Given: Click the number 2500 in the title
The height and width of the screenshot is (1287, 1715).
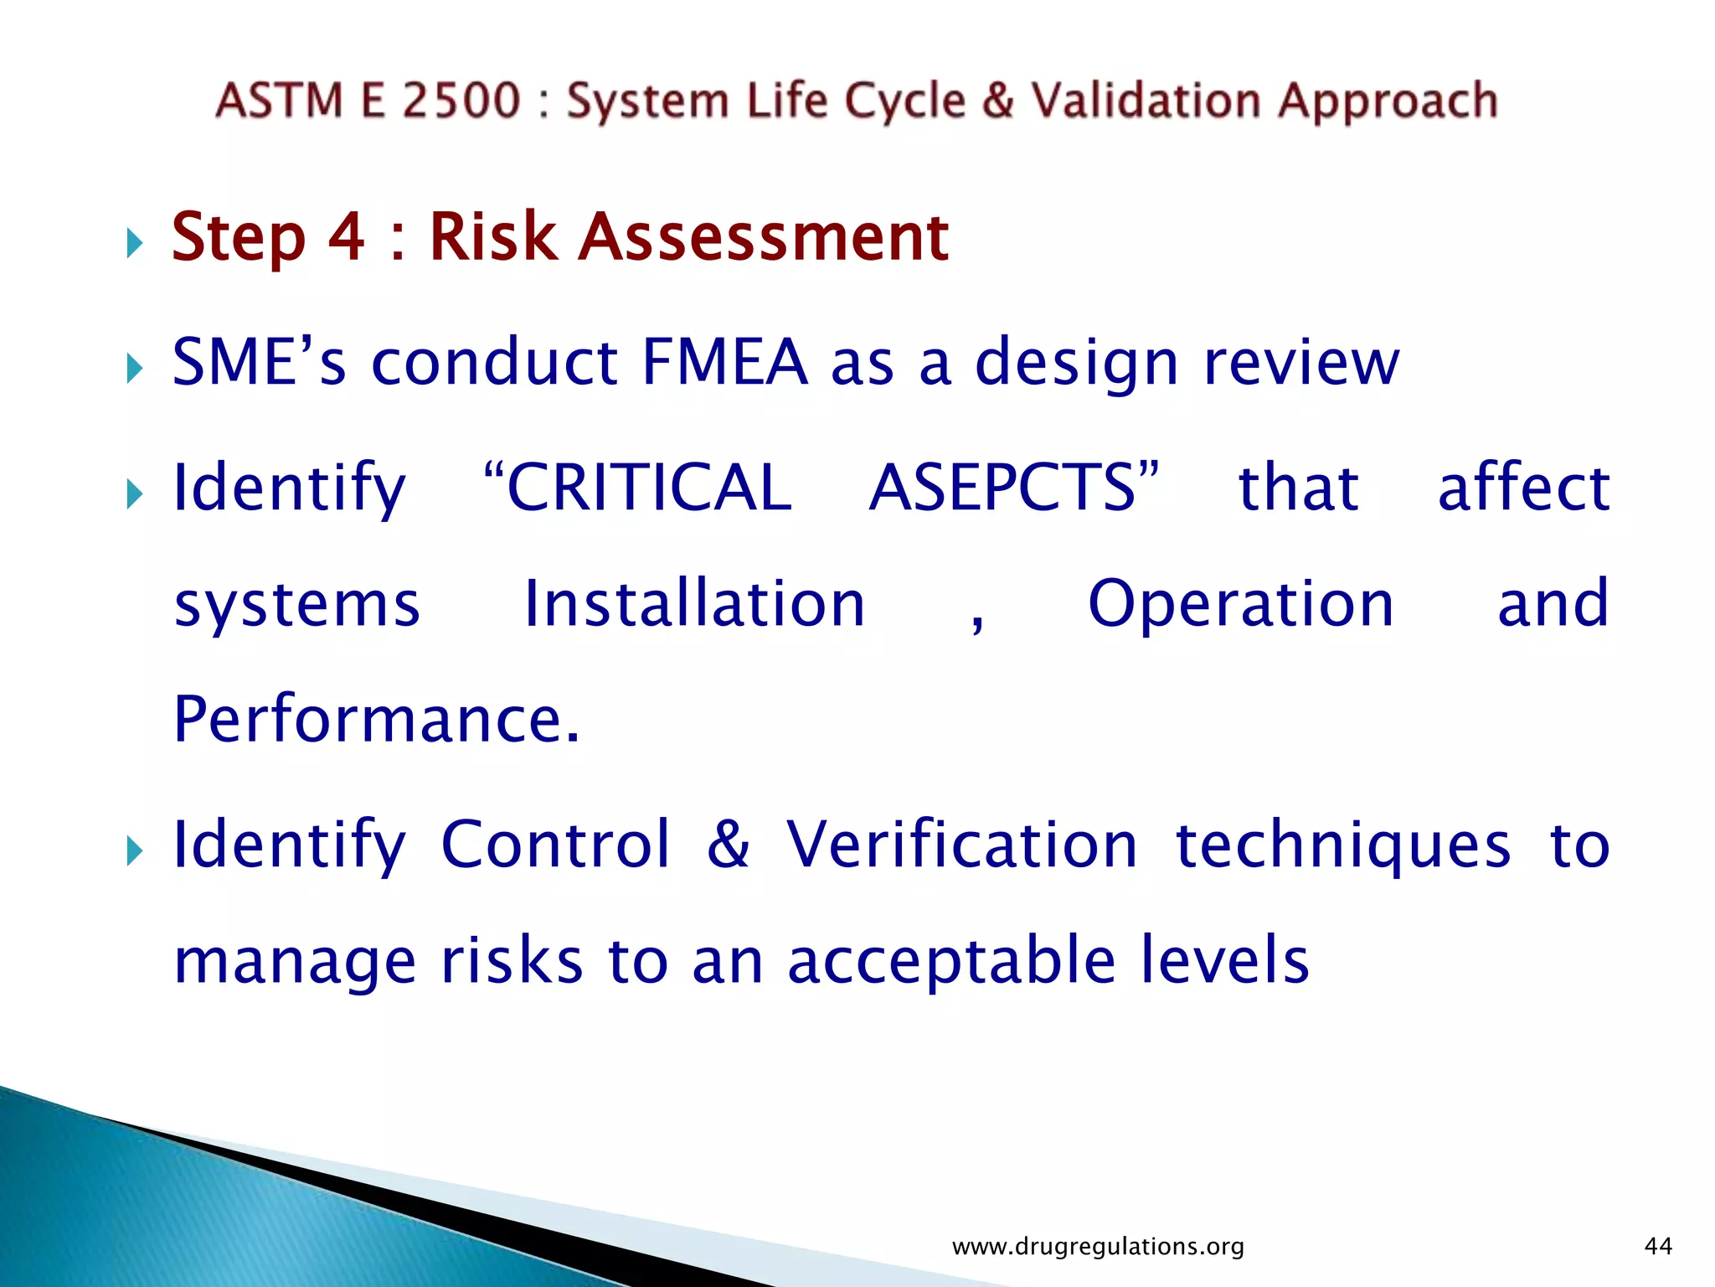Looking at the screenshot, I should click(461, 101).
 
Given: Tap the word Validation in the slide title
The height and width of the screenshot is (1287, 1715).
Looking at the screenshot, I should click(1145, 101).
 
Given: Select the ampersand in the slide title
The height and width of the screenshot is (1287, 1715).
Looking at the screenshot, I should click(998, 101).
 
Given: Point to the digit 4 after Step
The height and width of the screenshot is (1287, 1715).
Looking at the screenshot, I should click(346, 237).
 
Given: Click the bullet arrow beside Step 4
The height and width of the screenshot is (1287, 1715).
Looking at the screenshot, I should click(135, 245).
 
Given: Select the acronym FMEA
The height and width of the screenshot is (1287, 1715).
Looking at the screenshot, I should click(725, 362).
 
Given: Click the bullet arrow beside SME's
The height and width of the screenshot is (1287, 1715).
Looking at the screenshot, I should click(135, 369).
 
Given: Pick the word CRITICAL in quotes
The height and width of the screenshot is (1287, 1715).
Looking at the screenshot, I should click(649, 488).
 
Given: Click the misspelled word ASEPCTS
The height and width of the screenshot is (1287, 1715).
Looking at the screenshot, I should click(1003, 488).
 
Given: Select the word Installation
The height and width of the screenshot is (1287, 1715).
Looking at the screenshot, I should click(694, 604).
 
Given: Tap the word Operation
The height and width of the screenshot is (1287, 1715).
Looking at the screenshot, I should click(1241, 604).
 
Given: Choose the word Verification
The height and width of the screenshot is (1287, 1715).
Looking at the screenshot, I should click(961, 845).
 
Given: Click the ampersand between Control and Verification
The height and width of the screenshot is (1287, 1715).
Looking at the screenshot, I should click(728, 845).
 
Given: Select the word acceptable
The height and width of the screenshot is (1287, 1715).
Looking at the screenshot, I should click(952, 960).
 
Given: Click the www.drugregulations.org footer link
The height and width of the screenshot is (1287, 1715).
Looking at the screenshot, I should click(1098, 1247).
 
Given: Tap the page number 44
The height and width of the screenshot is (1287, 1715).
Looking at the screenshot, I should click(1658, 1247).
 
